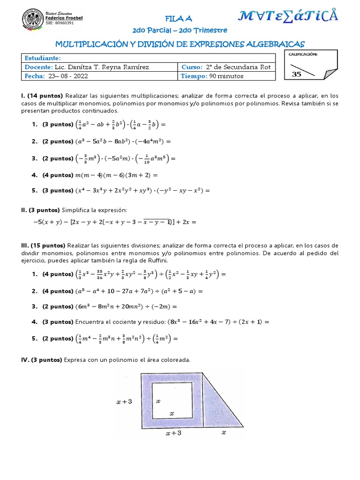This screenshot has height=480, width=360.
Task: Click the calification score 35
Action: pyautogui.click(x=297, y=74)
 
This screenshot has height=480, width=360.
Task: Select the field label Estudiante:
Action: pyautogui.click(x=43, y=58)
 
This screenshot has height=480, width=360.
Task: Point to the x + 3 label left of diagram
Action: pyautogui.click(x=124, y=402)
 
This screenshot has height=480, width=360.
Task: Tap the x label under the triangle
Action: pyautogui.click(x=224, y=433)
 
